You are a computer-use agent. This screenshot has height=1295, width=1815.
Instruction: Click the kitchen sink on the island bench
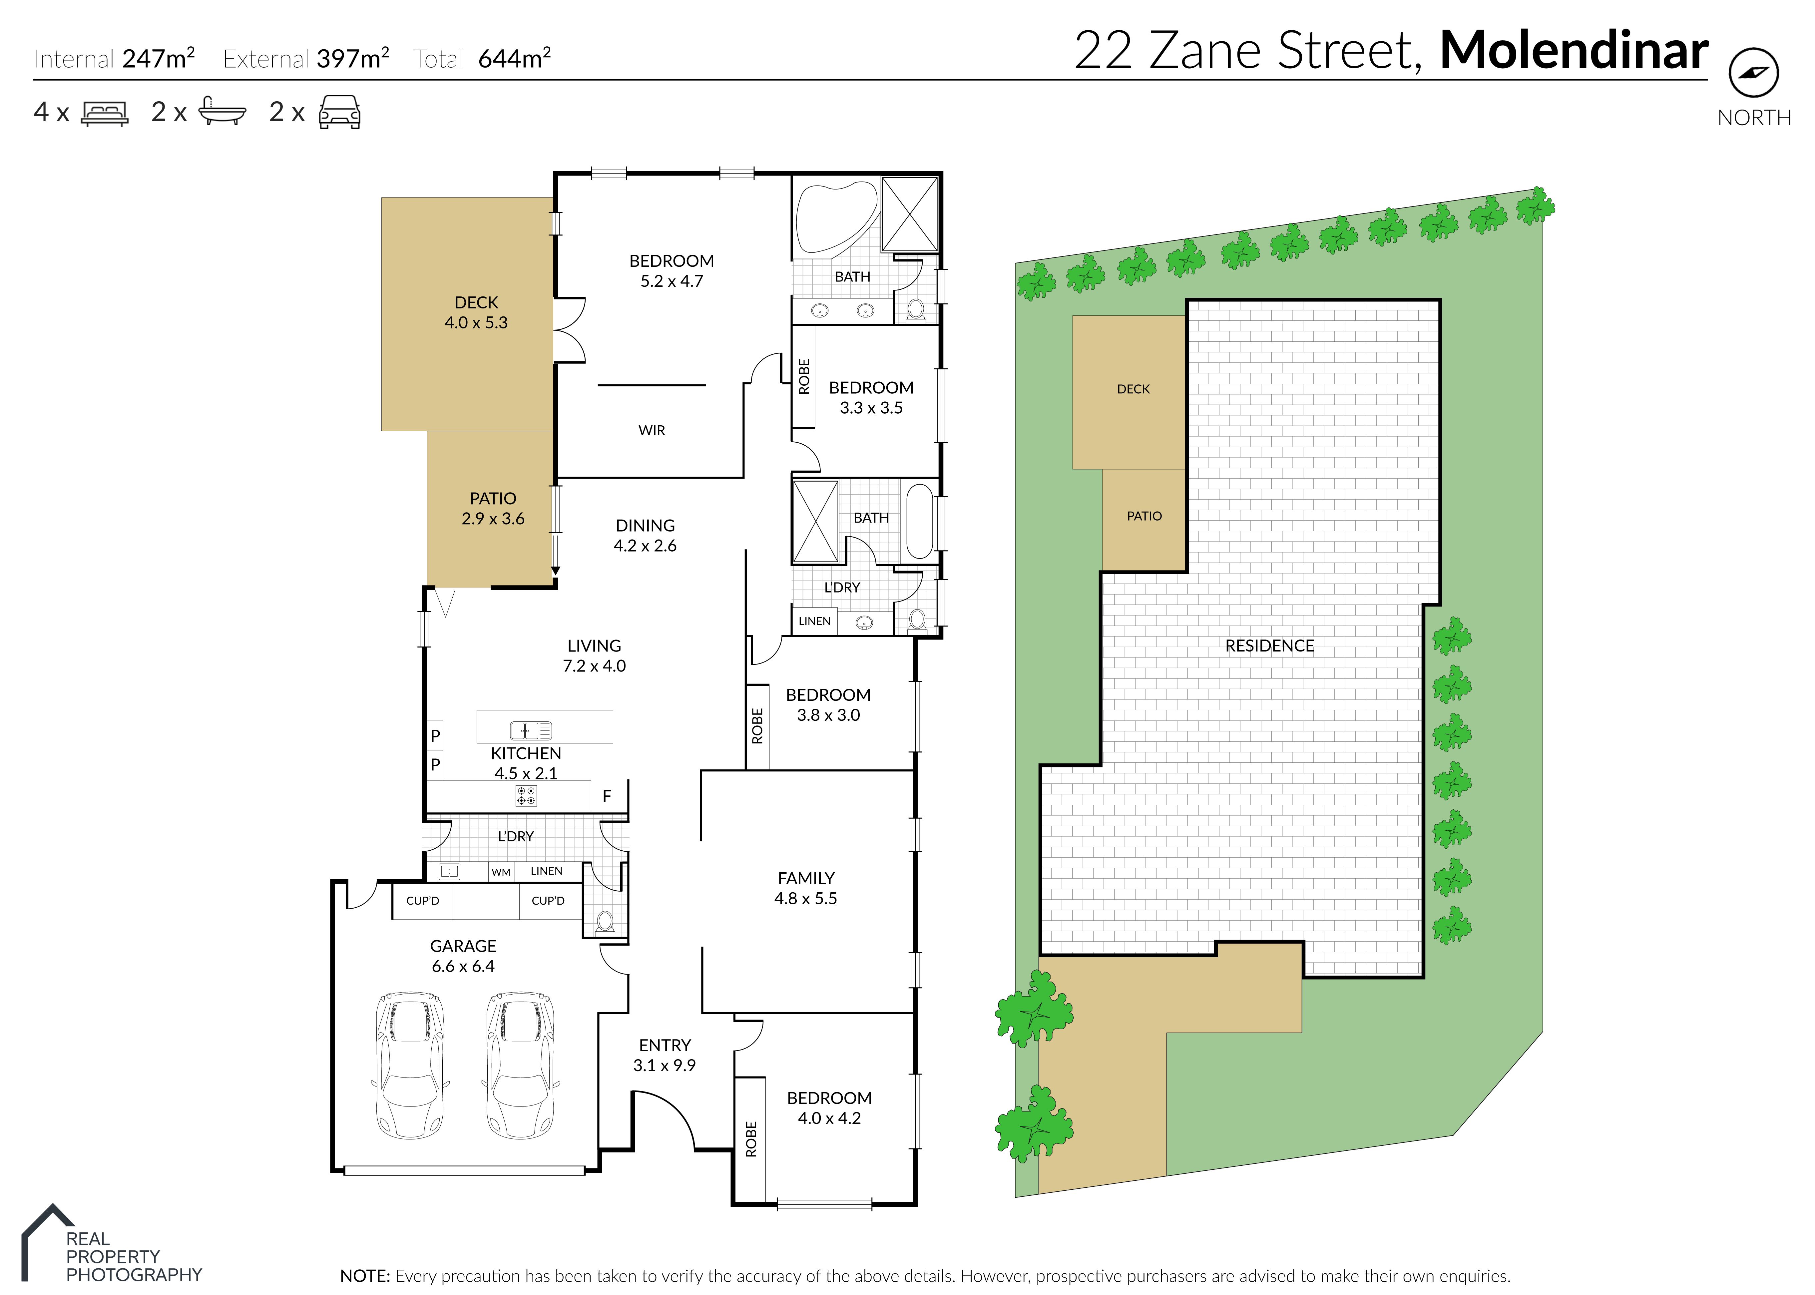click(x=530, y=730)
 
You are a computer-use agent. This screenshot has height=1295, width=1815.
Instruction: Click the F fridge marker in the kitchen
click(x=607, y=796)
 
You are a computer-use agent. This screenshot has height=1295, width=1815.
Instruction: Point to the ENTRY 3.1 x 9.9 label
click(x=664, y=1055)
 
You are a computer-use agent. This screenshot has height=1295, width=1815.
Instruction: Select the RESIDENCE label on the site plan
click(x=1269, y=646)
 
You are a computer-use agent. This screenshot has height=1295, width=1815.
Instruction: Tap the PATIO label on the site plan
click(x=1144, y=516)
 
